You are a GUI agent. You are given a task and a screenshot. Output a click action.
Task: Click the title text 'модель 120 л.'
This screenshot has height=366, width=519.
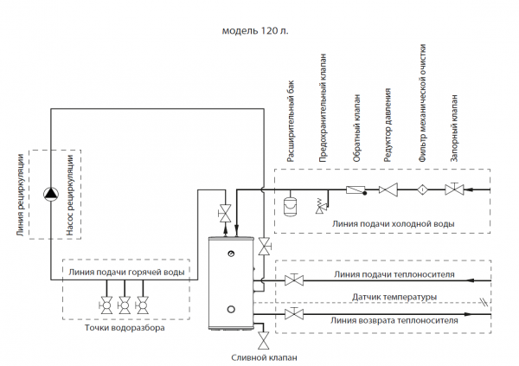255,29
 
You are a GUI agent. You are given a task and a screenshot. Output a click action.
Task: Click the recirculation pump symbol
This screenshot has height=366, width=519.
52,192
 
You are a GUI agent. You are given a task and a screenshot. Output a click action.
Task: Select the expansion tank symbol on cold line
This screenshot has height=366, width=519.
291,206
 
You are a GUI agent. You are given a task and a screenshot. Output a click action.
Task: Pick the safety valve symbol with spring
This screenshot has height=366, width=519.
323,205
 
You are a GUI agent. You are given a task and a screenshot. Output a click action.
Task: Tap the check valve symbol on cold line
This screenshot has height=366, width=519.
354,189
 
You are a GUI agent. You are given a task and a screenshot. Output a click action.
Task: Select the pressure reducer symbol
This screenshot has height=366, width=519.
388,189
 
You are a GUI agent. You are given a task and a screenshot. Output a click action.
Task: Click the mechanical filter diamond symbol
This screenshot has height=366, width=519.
421,189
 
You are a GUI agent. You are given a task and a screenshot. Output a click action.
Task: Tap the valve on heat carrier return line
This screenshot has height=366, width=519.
296,313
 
